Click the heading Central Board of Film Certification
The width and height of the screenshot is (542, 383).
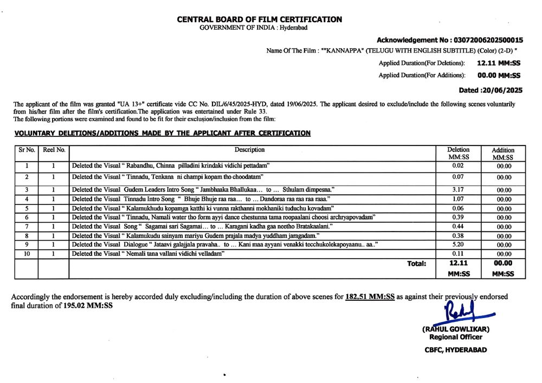(x=259, y=19)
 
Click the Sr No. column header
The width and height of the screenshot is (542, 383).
(x=26, y=150)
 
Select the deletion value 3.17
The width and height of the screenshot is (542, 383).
(x=458, y=189)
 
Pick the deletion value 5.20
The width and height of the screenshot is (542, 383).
(x=458, y=245)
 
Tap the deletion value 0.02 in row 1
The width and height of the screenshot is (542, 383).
(x=458, y=166)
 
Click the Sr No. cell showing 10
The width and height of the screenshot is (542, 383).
(x=26, y=254)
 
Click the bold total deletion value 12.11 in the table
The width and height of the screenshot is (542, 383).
(x=458, y=263)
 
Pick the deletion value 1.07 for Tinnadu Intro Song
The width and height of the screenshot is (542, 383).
(x=458, y=199)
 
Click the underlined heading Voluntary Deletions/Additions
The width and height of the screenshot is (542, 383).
(x=162, y=133)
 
